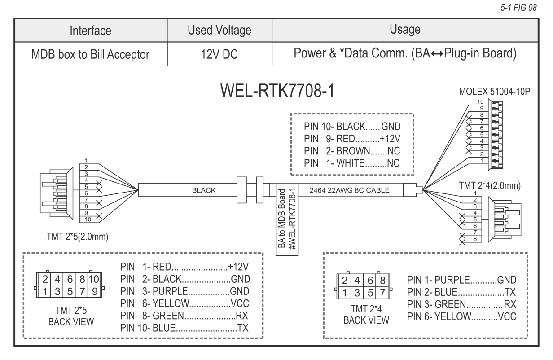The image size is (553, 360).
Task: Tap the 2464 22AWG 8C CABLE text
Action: click(x=349, y=190)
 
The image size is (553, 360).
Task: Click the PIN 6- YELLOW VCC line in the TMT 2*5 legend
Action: click(x=184, y=302)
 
